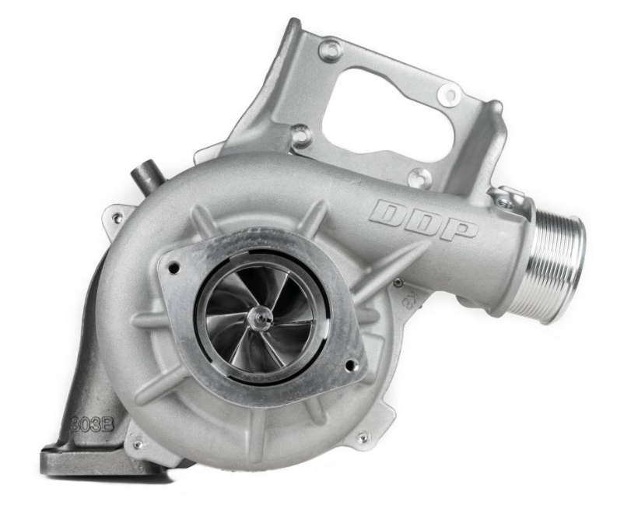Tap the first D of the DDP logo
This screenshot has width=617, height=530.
pyautogui.click(x=388, y=211)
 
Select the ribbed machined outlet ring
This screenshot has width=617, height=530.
pyautogui.click(x=559, y=258)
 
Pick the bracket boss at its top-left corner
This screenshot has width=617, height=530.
pyautogui.click(x=330, y=50)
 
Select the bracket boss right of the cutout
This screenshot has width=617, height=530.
pyautogui.click(x=448, y=94)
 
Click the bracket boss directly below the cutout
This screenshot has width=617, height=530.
pyautogui.click(x=419, y=177)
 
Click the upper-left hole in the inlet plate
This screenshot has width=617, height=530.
pyautogui.click(x=174, y=269)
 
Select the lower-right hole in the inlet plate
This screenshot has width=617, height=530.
pyautogui.click(x=352, y=363)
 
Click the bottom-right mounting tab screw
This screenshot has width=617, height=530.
pyautogui.click(x=363, y=437)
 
